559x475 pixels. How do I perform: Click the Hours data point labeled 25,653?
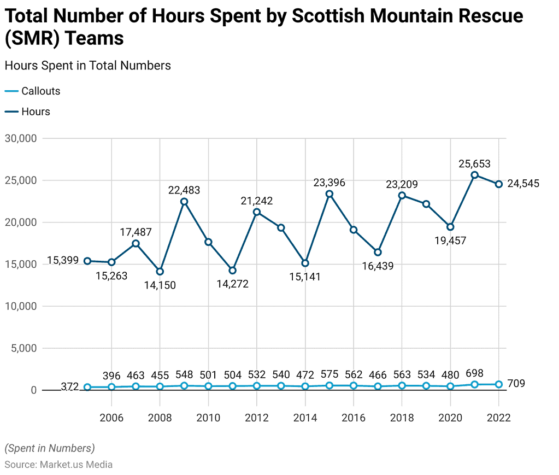pos(474,175)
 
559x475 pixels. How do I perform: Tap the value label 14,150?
pos(160,285)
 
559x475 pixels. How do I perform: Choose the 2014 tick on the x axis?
pos(305,418)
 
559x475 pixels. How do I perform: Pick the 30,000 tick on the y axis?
pos(20,138)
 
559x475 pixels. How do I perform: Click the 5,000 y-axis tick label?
pos(22,348)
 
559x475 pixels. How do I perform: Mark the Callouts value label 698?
pos(474,374)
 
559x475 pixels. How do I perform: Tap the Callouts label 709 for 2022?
pos(516,384)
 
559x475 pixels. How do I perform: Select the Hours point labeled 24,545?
pos(498,184)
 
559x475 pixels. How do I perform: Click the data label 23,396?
pos(329,183)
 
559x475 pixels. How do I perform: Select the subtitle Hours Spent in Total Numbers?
pos(87,66)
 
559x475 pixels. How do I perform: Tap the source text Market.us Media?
pos(76,465)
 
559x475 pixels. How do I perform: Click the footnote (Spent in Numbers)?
pos(50,448)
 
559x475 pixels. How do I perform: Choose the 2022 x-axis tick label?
pos(498,418)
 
